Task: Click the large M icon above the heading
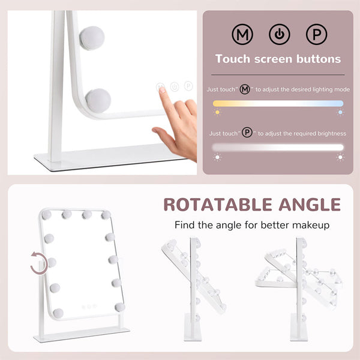pos(242,34)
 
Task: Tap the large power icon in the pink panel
pos(280,34)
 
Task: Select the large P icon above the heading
pos(317,34)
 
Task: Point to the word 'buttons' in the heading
pos(319,59)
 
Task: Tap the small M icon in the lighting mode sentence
pos(245,89)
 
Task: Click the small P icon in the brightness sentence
pos(247,133)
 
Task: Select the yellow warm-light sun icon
pos(217,112)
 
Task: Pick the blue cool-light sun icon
pos(340,112)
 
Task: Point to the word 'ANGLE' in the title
pos(310,205)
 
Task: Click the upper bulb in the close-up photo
pos(92,38)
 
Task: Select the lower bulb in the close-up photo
pos(98,101)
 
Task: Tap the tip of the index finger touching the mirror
pos(161,88)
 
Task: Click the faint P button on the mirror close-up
pos(188,86)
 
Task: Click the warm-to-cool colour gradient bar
pos(278,104)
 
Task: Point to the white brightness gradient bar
pos(278,148)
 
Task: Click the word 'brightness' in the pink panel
pos(332,134)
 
